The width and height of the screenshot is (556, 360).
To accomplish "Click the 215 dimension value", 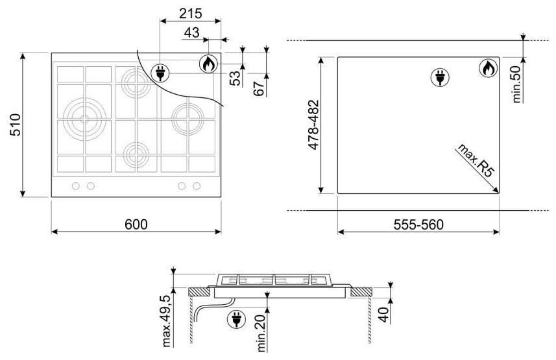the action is point(191,14).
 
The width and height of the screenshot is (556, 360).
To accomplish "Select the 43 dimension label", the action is point(191,32).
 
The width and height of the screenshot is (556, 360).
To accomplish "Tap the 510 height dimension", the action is point(16,125).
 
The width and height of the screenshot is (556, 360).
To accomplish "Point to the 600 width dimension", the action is point(136,224).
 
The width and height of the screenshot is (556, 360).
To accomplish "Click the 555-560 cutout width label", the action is point(418,224).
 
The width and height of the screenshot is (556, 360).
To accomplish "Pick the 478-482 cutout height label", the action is point(314,125).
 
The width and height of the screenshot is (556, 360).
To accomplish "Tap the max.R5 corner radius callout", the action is point(476,160).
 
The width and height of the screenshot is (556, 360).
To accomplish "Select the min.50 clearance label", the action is point(516,84).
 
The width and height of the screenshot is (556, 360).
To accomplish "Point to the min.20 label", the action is point(261,333).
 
